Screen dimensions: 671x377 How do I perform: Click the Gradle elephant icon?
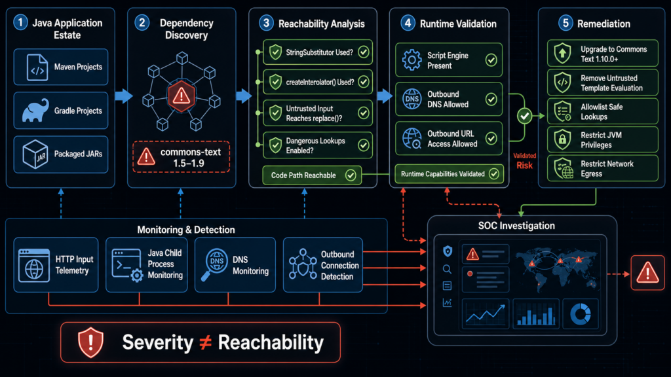pos(35,111)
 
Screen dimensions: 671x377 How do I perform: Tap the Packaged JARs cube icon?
pos(35,154)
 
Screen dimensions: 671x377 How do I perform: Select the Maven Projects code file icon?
pos(37,67)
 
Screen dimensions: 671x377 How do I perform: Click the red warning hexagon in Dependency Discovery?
pos(182,96)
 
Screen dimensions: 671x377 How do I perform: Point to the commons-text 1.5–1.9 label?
pos(191,157)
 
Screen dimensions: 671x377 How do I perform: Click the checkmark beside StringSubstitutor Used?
pos(363,52)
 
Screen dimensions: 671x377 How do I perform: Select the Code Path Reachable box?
pos(312,175)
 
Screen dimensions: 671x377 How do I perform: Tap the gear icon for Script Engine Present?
pos(412,60)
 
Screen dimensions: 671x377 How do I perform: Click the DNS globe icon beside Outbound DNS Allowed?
pos(412,99)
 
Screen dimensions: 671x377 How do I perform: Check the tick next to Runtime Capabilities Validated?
pos(494,174)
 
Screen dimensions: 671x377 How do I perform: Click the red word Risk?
pos(524,166)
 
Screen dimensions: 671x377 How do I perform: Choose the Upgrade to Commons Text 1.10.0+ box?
pos(603,54)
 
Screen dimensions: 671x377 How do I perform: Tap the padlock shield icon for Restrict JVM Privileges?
pos(562,139)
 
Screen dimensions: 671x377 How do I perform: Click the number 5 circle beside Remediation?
pos(566,23)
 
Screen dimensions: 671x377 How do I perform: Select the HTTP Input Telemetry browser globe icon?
pos(34,265)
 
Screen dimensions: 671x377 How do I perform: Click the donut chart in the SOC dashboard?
pos(581,314)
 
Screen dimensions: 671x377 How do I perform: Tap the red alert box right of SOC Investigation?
pos(647,273)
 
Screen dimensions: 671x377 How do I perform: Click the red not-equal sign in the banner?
pos(206,342)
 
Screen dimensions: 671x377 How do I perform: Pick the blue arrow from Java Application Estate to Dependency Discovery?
pos(124,96)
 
